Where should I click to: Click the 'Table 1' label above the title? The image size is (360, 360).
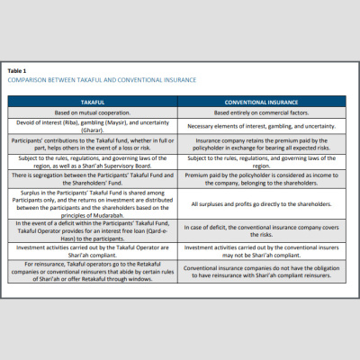17,70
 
